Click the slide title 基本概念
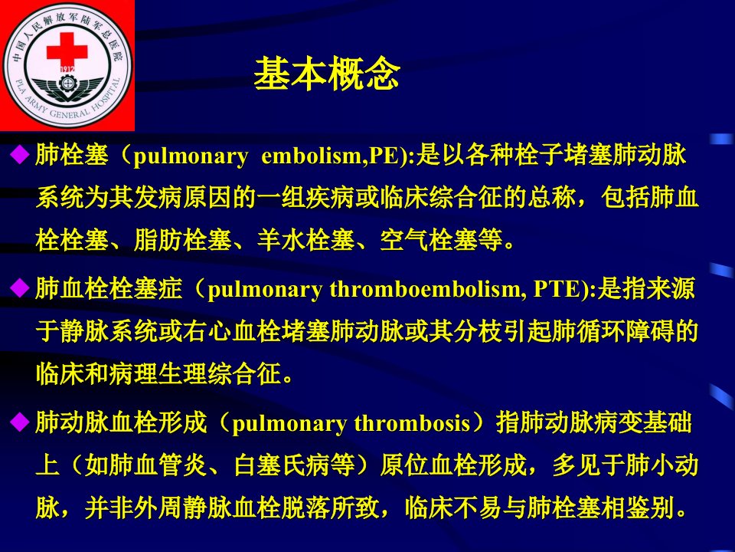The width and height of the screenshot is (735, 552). pyautogui.click(x=327, y=74)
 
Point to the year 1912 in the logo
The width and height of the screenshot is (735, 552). pyautogui.click(x=67, y=70)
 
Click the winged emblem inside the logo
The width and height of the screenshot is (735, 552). pyautogui.click(x=67, y=87)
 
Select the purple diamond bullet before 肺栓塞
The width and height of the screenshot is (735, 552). pyautogui.click(x=20, y=154)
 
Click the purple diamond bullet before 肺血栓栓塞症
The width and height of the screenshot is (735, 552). pyautogui.click(x=20, y=287)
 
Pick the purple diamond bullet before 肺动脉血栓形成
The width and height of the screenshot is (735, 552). pyautogui.click(x=20, y=422)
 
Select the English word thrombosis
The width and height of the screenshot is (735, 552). pyautogui.click(x=412, y=422)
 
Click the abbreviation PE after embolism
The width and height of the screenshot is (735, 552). pyautogui.click(x=384, y=156)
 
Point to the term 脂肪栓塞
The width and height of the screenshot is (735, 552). pyautogui.click(x=183, y=239)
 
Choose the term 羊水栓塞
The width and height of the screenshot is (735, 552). pyautogui.click(x=306, y=239)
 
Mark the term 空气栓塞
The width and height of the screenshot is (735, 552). pyautogui.click(x=429, y=239)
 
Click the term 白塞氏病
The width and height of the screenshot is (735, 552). pyautogui.click(x=283, y=465)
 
